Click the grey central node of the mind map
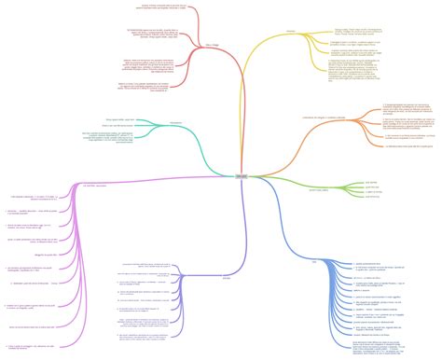216,176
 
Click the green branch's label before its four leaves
320,188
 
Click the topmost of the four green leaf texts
371,182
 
